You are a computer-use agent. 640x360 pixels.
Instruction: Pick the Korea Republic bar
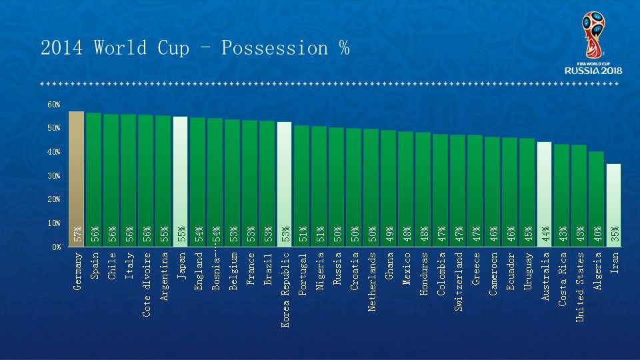coord(284,180)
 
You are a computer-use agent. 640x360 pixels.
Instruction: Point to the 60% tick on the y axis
coord(53,105)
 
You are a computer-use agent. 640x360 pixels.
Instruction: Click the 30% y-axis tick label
coord(53,175)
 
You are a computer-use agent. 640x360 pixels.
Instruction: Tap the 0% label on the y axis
coord(55,247)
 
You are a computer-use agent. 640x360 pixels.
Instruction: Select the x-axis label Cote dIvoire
coord(146,284)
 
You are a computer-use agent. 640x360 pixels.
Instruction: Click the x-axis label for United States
coord(579,287)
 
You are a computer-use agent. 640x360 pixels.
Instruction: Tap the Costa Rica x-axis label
coord(562,279)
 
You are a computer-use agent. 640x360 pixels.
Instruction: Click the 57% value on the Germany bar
coord(77,234)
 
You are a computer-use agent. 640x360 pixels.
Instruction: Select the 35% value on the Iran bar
coord(615,234)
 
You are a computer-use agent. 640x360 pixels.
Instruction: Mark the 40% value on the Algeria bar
coord(597,234)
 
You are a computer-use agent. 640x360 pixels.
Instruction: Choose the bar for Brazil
coord(267,180)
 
